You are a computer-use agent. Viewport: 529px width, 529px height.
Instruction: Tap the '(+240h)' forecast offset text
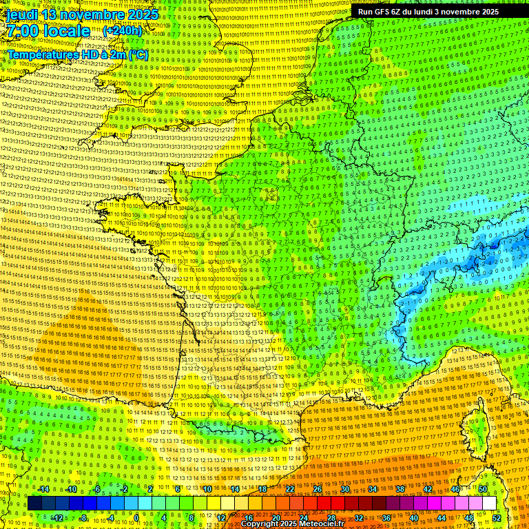(x=122, y=30)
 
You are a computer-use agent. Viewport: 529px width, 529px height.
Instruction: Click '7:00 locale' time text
(x=48, y=31)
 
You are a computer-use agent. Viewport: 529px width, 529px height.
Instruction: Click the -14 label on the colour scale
(x=44, y=489)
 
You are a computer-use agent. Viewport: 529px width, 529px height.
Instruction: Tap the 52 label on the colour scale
(x=497, y=518)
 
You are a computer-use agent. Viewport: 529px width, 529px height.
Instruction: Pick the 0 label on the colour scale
(x=136, y=518)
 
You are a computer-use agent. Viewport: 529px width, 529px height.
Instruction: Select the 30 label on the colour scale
(x=345, y=489)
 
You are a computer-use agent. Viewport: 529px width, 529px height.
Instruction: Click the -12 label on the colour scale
(x=58, y=518)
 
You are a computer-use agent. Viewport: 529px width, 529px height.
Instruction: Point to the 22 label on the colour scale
(x=290, y=489)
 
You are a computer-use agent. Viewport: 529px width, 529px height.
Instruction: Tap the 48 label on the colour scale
(x=469, y=518)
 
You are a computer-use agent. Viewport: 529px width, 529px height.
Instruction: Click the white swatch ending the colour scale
(x=489, y=504)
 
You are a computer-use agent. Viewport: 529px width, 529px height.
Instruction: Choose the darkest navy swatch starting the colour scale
(x=34, y=504)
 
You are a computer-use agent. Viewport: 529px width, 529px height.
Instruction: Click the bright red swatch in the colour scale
(x=324, y=504)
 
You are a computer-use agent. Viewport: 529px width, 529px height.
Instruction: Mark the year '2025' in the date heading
(x=141, y=14)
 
